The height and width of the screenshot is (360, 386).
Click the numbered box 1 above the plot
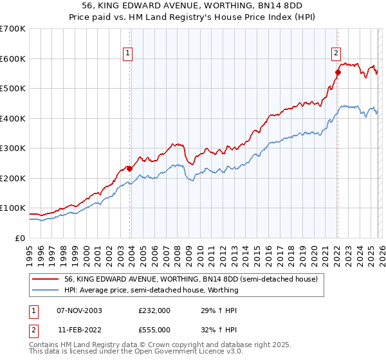point(128,53)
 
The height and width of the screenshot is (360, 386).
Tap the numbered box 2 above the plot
point(336,53)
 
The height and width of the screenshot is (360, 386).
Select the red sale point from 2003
point(129,168)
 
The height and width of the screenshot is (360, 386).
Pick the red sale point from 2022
point(338,72)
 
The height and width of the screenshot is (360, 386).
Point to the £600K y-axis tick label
point(13,59)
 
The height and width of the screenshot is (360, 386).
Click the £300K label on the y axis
point(13,148)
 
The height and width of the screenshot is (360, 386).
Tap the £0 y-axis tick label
point(19,238)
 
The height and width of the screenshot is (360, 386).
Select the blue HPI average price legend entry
point(151,290)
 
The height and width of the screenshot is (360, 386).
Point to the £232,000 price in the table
point(154,310)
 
